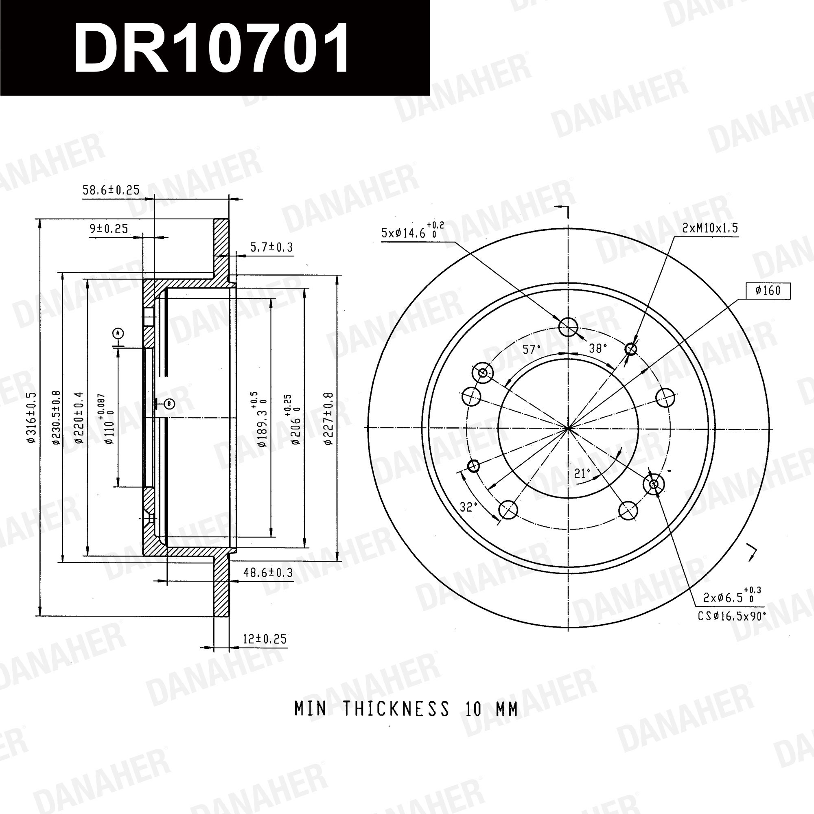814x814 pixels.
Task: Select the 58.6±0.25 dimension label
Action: (111, 190)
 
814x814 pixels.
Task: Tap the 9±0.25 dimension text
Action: (109, 229)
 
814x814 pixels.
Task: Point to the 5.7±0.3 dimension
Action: (271, 247)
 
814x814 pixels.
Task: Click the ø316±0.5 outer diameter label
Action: (32, 417)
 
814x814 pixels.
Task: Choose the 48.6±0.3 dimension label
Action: (268, 572)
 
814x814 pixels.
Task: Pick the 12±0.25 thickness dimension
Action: (265, 639)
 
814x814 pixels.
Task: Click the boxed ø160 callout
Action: (768, 291)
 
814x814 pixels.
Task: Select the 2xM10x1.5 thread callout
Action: (710, 228)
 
